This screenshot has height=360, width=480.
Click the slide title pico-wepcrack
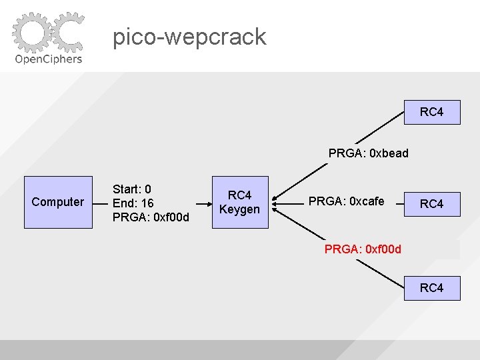(x=189, y=37)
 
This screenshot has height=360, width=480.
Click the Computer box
(x=58, y=202)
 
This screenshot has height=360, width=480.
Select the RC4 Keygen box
(x=240, y=202)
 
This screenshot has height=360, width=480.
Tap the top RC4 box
(x=431, y=111)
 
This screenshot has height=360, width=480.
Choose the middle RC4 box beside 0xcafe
(x=431, y=203)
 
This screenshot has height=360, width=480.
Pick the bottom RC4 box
(x=431, y=288)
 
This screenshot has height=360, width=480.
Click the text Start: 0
(x=132, y=189)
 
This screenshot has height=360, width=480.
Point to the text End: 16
(x=133, y=203)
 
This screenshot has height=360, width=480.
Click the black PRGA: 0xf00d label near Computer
(x=151, y=217)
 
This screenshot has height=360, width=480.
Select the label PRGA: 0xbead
(x=368, y=153)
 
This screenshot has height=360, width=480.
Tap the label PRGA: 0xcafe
(x=346, y=201)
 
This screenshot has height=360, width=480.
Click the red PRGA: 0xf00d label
(x=363, y=249)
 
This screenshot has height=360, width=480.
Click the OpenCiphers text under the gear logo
(x=48, y=59)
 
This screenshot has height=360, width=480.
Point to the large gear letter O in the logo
(x=31, y=33)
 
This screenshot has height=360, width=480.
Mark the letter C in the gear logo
(x=67, y=32)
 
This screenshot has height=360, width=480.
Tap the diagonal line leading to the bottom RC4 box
(x=379, y=275)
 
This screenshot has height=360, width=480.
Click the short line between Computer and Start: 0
(x=100, y=201)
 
